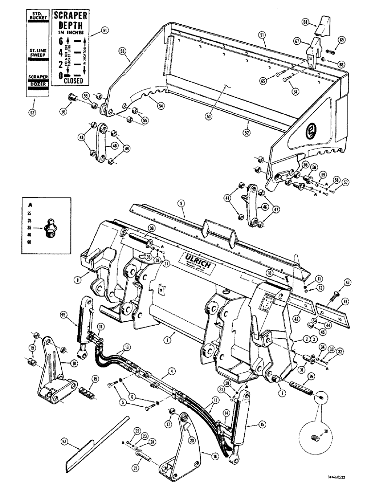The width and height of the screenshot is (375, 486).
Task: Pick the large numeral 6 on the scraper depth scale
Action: pyautogui.click(x=61, y=41)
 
